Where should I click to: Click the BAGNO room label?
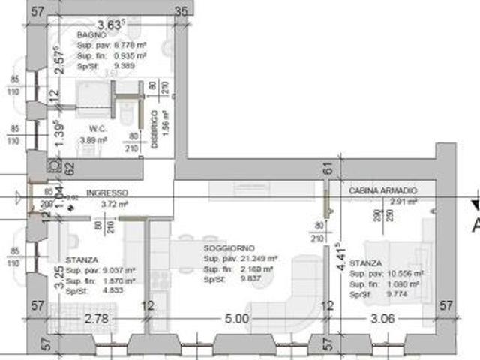coord(90,35)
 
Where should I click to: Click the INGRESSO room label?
coord(107,193)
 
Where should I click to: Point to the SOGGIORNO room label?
coord(229,248)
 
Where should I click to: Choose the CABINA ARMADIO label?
coord(382,192)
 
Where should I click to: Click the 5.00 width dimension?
coord(236,318)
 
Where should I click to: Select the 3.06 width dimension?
coord(383,318)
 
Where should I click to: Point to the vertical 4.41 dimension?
coord(339,256)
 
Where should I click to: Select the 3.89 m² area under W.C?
coord(94,140)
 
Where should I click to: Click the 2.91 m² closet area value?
coord(403,202)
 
